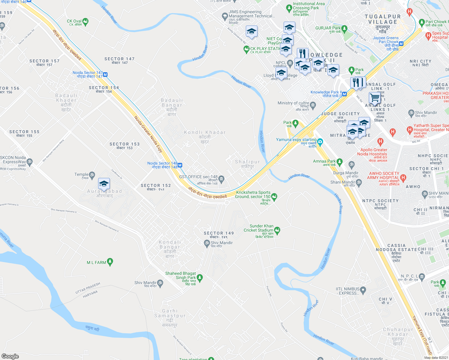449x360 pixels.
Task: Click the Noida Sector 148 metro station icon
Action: [180, 165]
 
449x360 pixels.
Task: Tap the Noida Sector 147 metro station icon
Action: [105, 74]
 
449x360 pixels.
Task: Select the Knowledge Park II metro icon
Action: [344, 94]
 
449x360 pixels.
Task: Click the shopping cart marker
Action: [375, 97]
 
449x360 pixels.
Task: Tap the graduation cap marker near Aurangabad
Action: [104, 184]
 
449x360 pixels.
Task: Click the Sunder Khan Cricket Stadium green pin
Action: [277, 230]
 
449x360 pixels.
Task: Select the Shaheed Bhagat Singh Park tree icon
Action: [200, 277]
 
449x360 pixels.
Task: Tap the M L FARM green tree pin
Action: [110, 262]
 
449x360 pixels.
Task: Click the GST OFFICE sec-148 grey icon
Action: [221, 179]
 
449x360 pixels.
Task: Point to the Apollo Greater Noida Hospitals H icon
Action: [381, 141]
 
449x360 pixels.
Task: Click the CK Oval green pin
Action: [86, 21]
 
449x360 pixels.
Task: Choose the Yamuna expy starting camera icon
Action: [320, 142]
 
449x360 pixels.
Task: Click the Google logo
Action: [10, 356]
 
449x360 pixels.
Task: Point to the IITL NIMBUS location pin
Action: [363, 290]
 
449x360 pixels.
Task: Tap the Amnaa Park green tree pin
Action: [339, 162]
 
